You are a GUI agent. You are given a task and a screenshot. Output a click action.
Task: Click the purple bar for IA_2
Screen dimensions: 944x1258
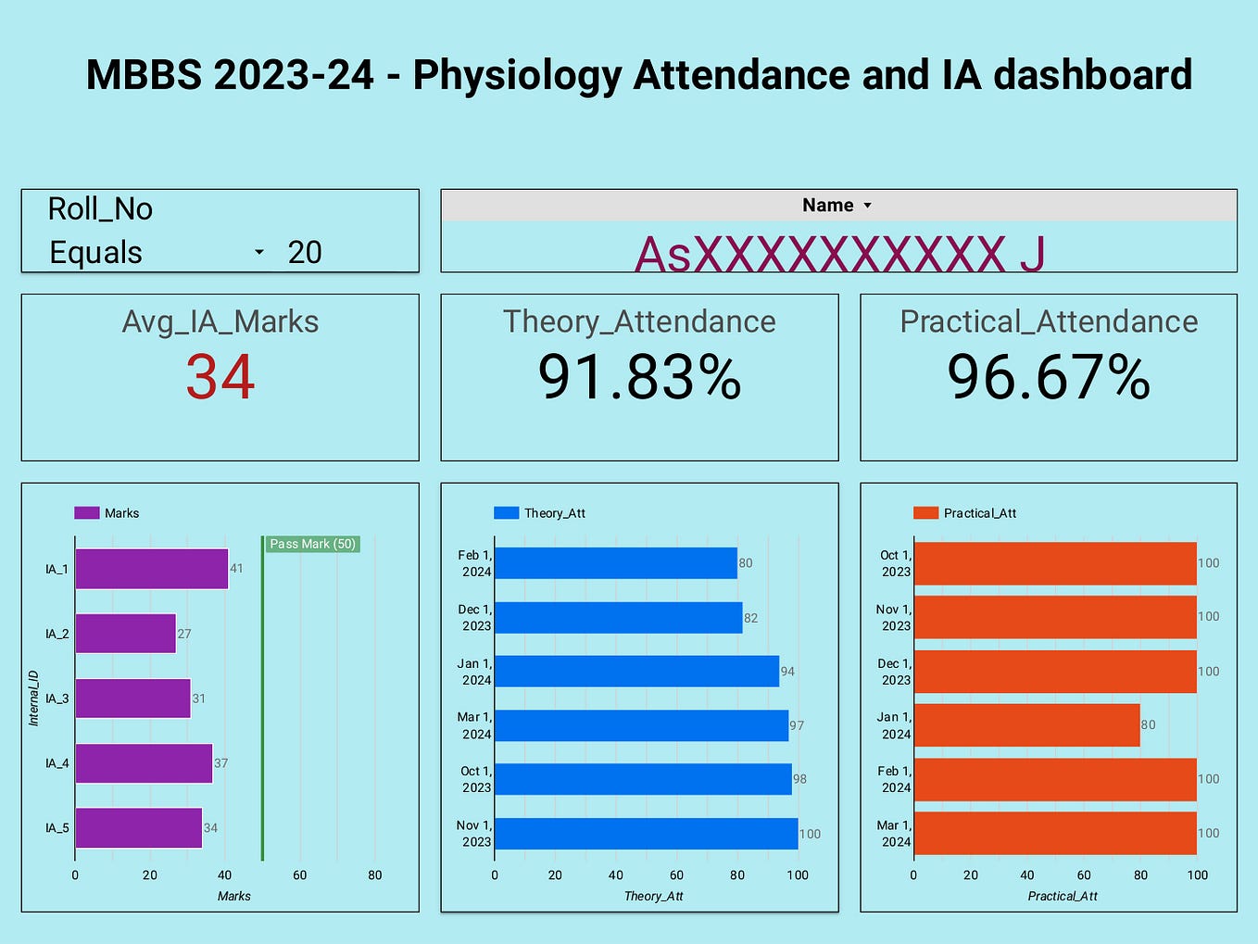125,634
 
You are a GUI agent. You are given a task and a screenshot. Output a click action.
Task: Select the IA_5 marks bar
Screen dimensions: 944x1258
138,828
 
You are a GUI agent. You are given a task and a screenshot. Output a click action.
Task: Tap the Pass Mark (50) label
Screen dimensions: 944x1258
312,544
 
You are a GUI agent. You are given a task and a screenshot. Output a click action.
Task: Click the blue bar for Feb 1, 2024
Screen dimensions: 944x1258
615,563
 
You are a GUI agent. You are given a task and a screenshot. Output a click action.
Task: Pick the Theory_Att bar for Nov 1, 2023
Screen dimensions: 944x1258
646,834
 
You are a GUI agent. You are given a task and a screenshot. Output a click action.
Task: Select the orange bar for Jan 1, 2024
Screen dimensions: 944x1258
1026,725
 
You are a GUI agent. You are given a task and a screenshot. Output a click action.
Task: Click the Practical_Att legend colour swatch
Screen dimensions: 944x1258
925,513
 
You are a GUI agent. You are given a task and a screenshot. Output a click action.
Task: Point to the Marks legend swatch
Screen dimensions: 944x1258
86,513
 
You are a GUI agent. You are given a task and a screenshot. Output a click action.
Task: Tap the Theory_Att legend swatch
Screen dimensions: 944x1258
506,513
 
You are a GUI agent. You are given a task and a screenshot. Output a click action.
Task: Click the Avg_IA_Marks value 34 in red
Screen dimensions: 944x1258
220,377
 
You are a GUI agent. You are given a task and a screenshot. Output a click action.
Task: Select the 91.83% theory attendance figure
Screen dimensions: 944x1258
639,377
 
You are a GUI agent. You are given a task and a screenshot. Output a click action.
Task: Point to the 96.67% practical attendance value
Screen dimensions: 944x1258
1049,377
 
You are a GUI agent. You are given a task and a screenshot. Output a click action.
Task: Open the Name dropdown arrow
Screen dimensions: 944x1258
868,206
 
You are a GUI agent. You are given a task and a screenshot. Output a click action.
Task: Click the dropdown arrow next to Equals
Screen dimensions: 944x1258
259,252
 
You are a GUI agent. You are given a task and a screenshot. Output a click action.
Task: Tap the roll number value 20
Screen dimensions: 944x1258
305,252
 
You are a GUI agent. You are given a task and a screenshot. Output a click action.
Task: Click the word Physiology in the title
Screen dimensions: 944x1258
517,75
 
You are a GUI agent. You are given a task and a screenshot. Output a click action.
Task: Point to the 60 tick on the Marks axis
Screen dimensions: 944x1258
299,875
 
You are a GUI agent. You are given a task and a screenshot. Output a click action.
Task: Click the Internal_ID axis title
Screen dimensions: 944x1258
33,698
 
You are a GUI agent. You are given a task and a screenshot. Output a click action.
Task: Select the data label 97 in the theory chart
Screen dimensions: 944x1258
797,725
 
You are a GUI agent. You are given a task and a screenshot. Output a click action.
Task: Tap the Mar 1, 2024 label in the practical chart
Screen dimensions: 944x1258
895,834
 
